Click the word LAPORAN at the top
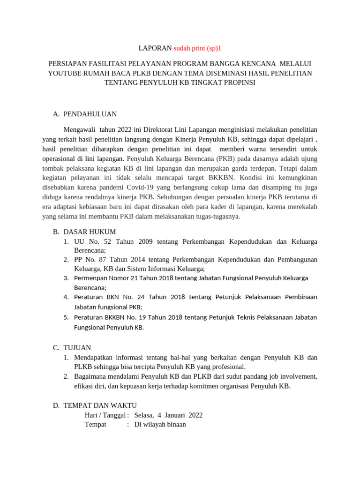pos(155,48)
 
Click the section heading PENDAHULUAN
pos(90,114)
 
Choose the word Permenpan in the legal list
pos(91,278)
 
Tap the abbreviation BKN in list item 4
pos(112,297)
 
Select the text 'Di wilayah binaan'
pos(160,424)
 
